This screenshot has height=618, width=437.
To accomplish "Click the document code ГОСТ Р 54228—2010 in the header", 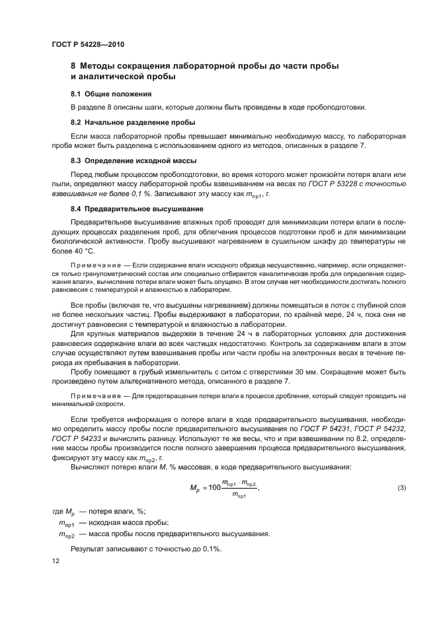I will point(87,44).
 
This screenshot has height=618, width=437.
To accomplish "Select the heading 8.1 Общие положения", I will point(102,94).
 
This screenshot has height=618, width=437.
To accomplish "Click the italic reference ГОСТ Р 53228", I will point(334,187).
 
